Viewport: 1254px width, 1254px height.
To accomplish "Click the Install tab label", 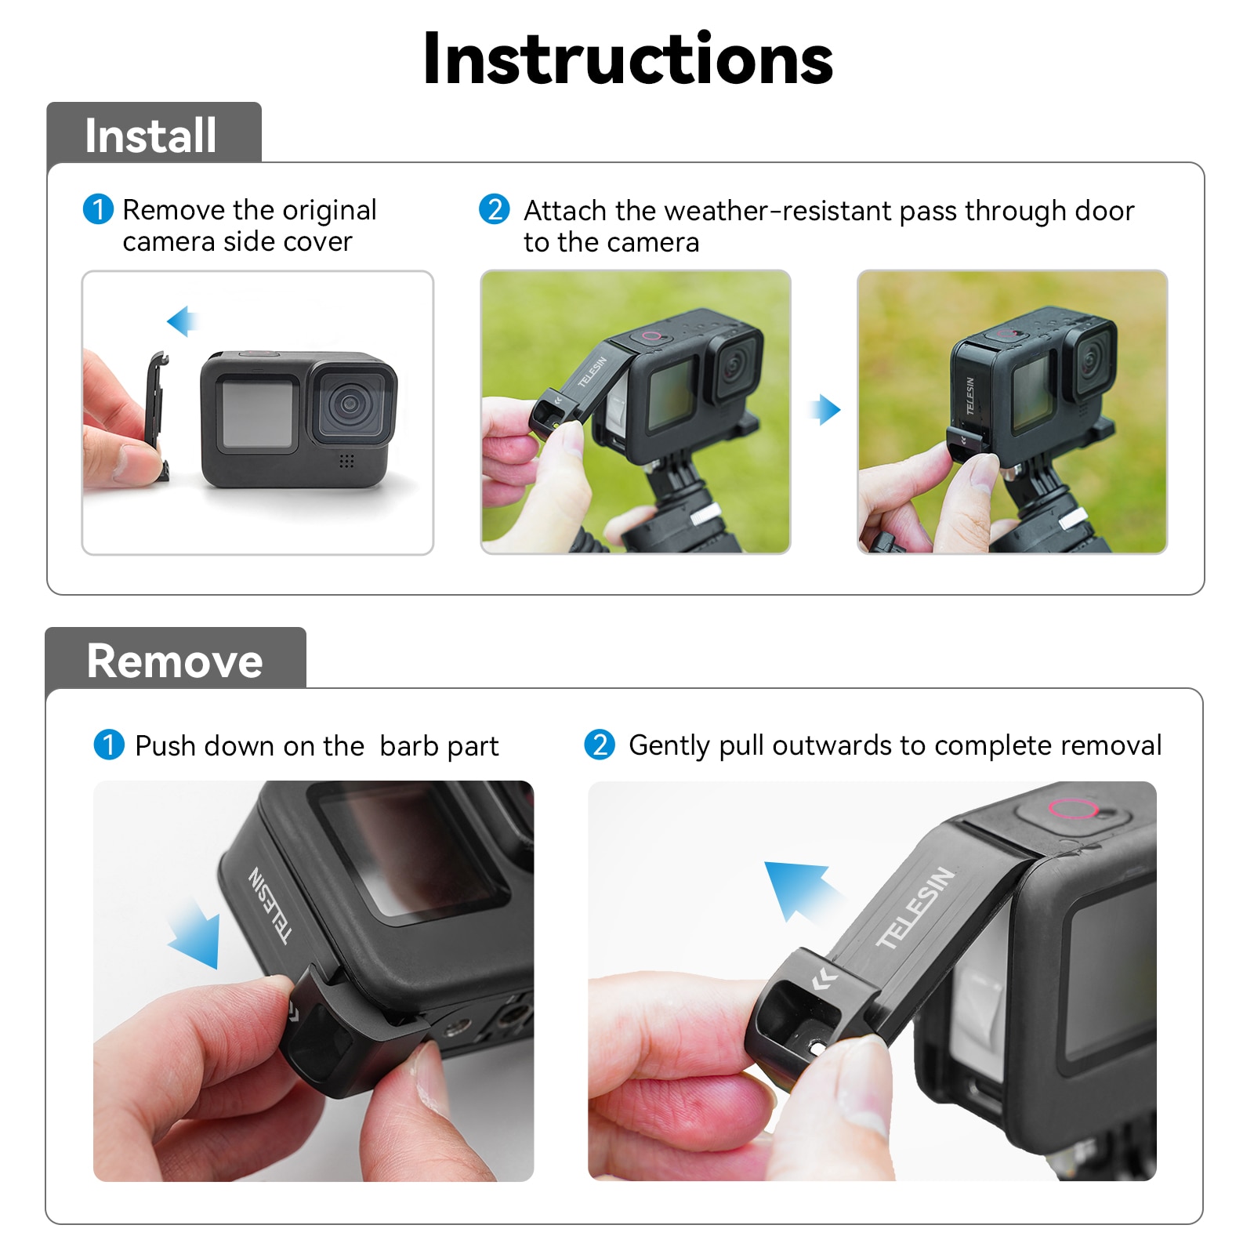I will (x=150, y=136).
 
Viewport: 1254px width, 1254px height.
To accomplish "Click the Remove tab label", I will (x=174, y=661).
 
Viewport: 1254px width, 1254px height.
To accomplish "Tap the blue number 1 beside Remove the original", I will (x=98, y=209).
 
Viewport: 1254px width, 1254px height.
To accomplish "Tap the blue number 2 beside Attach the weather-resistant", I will (x=495, y=209).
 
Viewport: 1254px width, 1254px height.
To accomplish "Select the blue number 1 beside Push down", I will (x=109, y=745).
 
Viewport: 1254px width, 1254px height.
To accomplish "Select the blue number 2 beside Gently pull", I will (x=600, y=745).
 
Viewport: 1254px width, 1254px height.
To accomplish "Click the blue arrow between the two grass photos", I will (x=825, y=409).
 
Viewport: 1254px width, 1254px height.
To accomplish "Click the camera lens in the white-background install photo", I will (x=350, y=405).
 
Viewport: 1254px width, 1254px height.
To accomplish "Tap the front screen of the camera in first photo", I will (x=257, y=413).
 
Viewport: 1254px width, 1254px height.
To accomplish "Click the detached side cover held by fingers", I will (x=157, y=415).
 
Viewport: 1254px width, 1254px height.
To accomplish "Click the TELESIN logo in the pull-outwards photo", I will (x=915, y=908).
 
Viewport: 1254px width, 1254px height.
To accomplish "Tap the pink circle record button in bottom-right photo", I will (x=1071, y=808).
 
